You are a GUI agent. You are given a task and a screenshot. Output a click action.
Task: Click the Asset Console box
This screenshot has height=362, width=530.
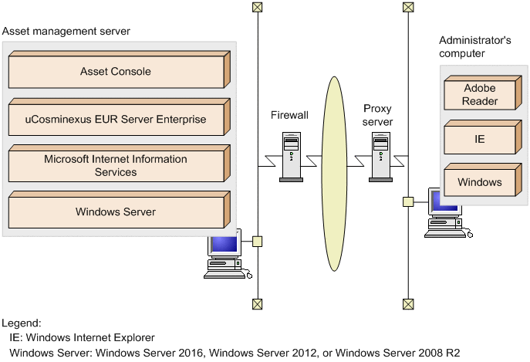116,72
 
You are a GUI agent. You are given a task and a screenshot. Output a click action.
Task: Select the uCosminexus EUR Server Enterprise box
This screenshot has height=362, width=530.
116,120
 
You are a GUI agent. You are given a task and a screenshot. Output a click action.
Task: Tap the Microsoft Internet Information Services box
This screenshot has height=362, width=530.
116,165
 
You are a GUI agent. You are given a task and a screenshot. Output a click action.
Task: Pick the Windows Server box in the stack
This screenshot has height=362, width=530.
116,212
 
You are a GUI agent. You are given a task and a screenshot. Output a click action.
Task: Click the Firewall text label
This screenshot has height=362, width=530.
289,115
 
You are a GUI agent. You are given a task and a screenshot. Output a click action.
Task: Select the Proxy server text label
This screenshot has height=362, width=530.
378,116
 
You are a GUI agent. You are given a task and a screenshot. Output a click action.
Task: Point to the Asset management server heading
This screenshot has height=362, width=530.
66,31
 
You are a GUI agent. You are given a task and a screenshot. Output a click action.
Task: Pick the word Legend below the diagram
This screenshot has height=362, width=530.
22,323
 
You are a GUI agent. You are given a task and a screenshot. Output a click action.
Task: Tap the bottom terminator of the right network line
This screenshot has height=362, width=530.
408,303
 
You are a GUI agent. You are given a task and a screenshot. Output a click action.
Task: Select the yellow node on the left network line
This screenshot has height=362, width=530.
257,241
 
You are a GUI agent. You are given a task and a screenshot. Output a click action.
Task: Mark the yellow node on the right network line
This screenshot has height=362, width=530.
408,202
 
